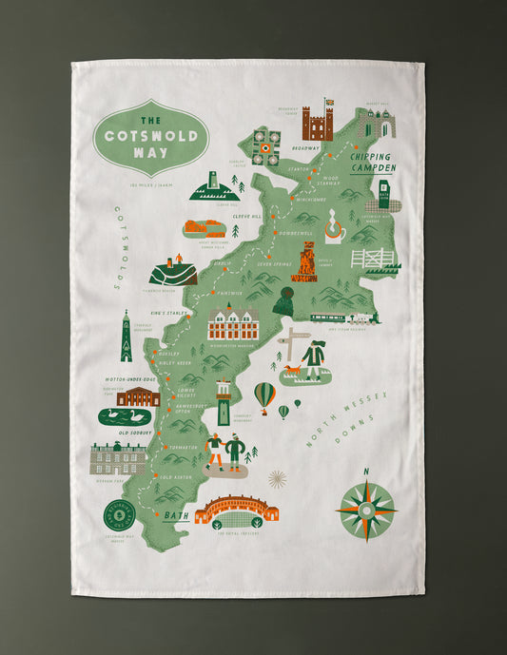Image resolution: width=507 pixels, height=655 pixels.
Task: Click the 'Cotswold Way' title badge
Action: click(150, 137)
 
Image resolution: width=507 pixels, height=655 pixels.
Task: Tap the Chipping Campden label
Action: click(372, 162)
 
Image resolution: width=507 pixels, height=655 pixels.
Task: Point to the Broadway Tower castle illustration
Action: click(318, 123)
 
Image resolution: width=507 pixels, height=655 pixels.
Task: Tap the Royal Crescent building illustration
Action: click(236, 511)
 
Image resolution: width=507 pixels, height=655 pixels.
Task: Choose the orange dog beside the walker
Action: click(292, 370)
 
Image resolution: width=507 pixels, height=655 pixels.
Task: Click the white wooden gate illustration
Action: click(372, 257)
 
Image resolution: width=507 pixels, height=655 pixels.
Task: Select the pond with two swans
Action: click(125, 416)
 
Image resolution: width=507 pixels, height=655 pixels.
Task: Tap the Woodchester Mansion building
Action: click(233, 323)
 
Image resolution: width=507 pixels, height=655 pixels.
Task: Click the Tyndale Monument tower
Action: click(126, 337)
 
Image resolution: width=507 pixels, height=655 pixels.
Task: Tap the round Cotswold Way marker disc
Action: click(120, 514)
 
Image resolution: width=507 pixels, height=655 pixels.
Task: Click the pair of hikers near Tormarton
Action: click(225, 452)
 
